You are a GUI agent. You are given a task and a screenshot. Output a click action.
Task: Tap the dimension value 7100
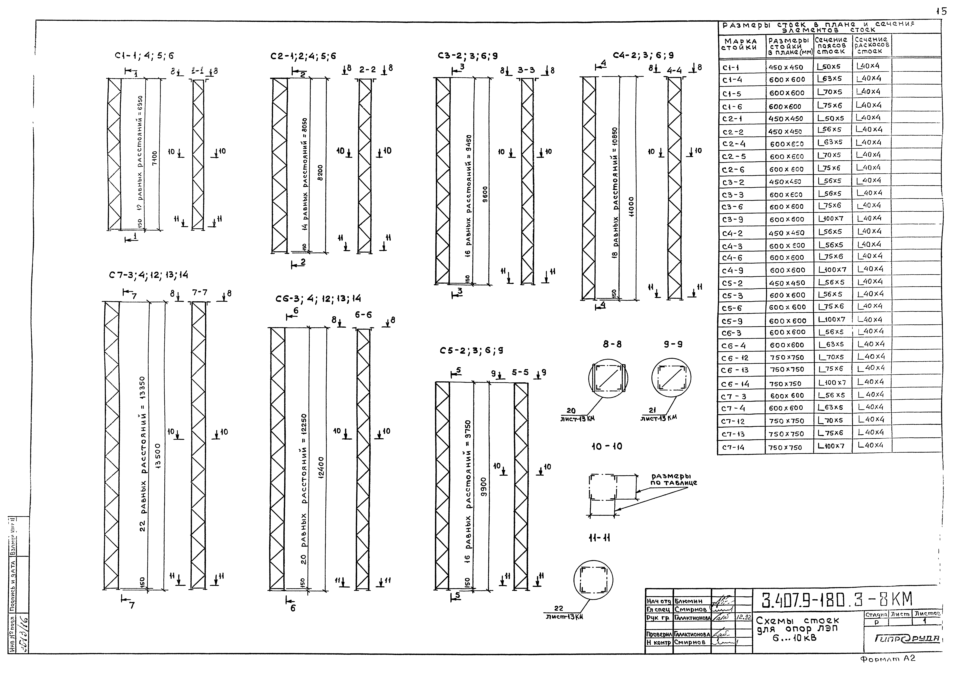pyautogui.click(x=155, y=159)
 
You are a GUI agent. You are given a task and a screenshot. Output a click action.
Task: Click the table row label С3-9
pyautogui.click(x=732, y=219)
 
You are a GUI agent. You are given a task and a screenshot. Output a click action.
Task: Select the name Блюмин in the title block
pyautogui.click(x=690, y=601)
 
